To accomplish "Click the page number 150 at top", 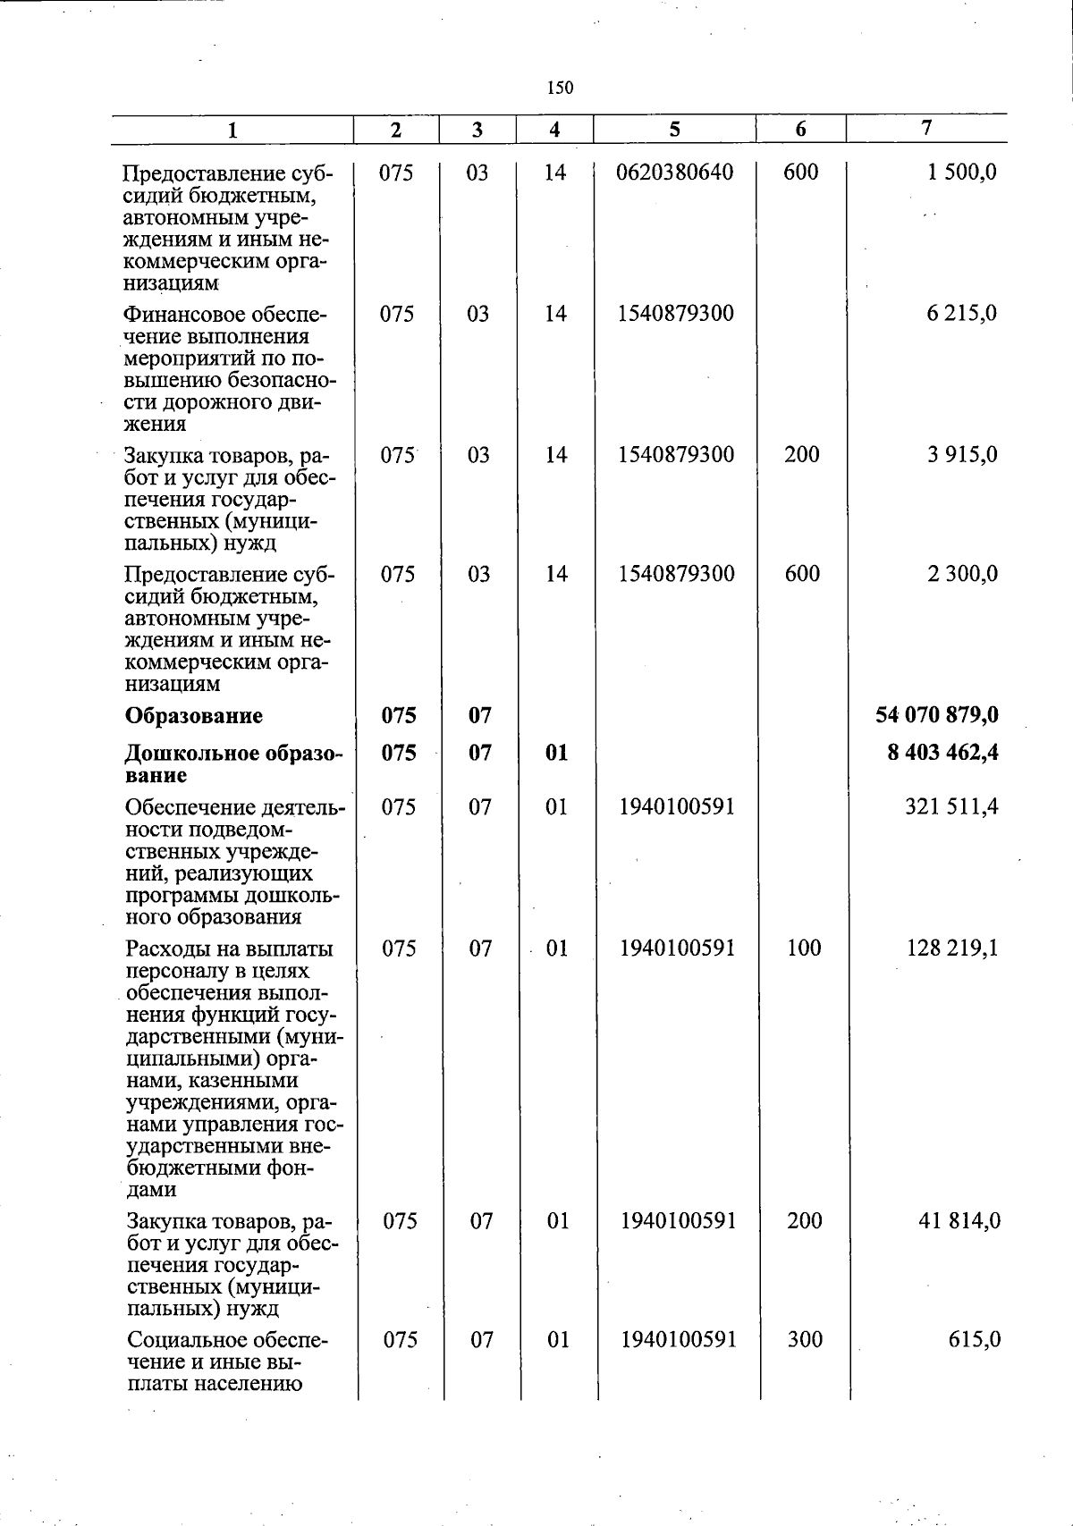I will point(560,88).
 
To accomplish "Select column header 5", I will point(674,129).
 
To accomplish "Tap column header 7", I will point(926,128).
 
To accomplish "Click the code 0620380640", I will point(674,172).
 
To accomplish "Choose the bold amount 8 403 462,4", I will point(942,752).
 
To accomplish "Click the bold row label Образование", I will point(194,715).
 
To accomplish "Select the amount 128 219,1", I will point(952,948).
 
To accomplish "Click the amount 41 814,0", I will point(959,1220).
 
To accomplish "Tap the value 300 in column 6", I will point(804,1339).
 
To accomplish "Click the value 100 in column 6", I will point(804,948).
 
